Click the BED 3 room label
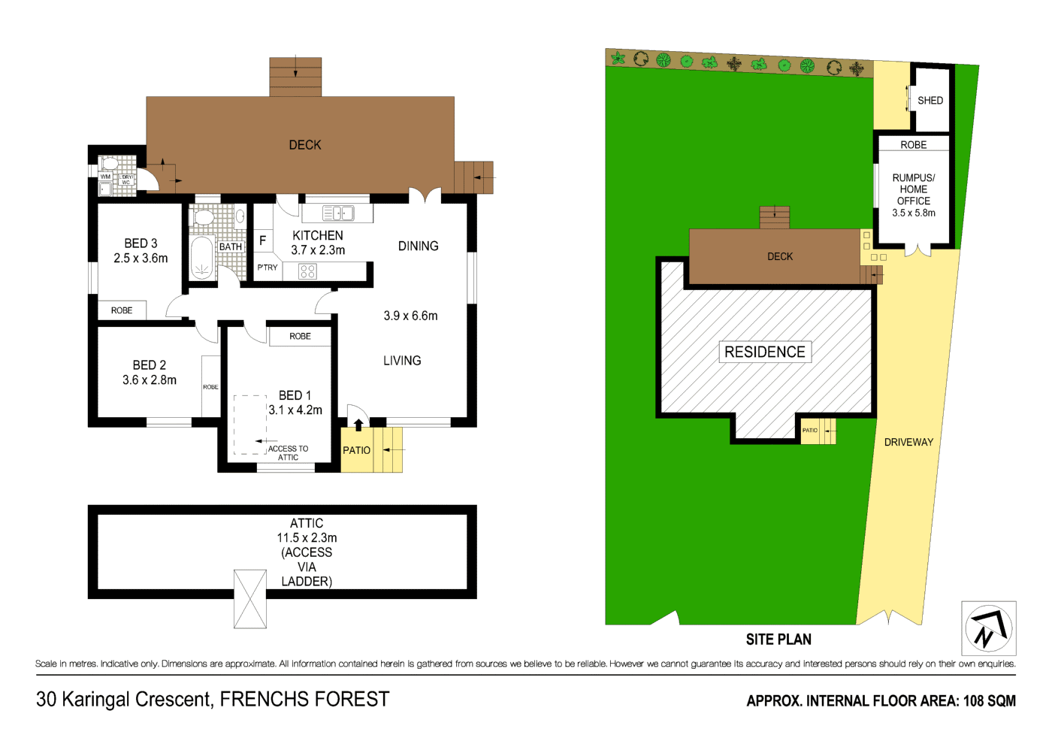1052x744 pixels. [x=141, y=243]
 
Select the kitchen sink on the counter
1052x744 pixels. [x=338, y=213]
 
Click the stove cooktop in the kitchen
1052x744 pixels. [x=307, y=271]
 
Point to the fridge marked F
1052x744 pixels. [x=262, y=240]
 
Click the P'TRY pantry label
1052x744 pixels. [x=267, y=268]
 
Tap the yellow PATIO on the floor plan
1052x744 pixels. [x=356, y=450]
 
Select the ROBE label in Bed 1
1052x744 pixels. [x=300, y=336]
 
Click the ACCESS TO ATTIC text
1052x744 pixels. [x=288, y=452]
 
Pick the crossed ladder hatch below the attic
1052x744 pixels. [x=250, y=599]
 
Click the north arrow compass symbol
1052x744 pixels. [x=988, y=628]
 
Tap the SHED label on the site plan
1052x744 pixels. [x=930, y=100]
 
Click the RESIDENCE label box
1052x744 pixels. [x=764, y=352]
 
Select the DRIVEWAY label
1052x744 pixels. [x=908, y=442]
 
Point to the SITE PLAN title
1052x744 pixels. [x=778, y=640]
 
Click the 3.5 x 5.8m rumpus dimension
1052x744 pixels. [x=913, y=213]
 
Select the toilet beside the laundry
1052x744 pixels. [x=110, y=163]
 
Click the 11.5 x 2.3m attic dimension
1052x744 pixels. [x=307, y=537]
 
